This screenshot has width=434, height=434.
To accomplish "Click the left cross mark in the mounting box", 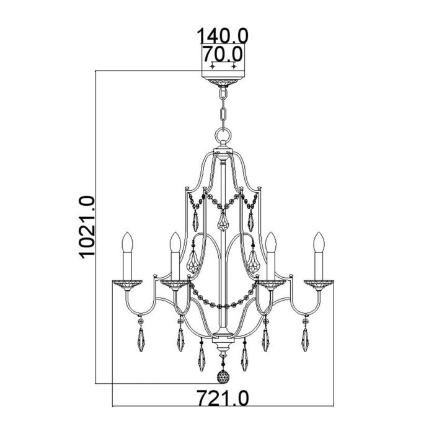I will coord(212,66).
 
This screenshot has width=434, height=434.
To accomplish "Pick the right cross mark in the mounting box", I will coord(233,66).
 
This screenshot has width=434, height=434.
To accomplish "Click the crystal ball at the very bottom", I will coord(222,377).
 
